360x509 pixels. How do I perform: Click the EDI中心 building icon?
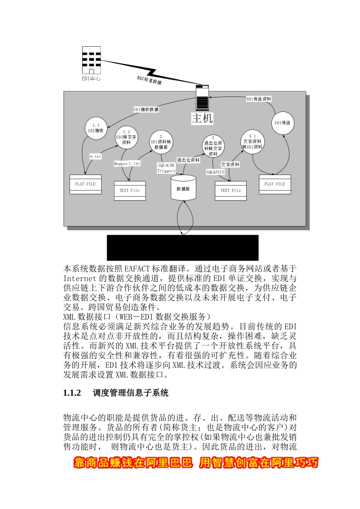[x=91, y=60]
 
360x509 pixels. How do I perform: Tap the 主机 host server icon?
[x=202, y=97]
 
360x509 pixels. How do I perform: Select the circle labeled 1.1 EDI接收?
[x=96, y=128]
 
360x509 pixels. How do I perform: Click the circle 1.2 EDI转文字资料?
[x=127, y=137]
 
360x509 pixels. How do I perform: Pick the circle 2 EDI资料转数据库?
[x=161, y=142]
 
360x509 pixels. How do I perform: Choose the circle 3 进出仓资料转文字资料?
[x=213, y=146]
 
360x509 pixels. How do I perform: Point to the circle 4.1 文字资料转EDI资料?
[x=252, y=142]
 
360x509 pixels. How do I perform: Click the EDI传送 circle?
[x=282, y=123]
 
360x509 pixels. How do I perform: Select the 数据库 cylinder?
[x=183, y=188]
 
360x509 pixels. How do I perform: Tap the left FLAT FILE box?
[x=86, y=184]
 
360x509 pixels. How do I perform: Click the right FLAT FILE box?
[x=275, y=184]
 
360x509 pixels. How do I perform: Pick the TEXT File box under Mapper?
[x=130, y=191]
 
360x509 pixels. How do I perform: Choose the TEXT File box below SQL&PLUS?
[x=230, y=191]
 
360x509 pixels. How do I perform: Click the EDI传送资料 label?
[x=259, y=99]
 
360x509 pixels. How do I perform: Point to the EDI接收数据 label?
[x=146, y=109]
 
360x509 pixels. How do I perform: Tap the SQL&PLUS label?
[x=215, y=172]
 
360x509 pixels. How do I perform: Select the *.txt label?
[x=95, y=156]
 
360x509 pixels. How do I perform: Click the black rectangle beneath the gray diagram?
[x=183, y=247]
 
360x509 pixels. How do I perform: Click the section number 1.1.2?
[x=72, y=393]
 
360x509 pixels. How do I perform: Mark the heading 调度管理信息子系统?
[x=131, y=393]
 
